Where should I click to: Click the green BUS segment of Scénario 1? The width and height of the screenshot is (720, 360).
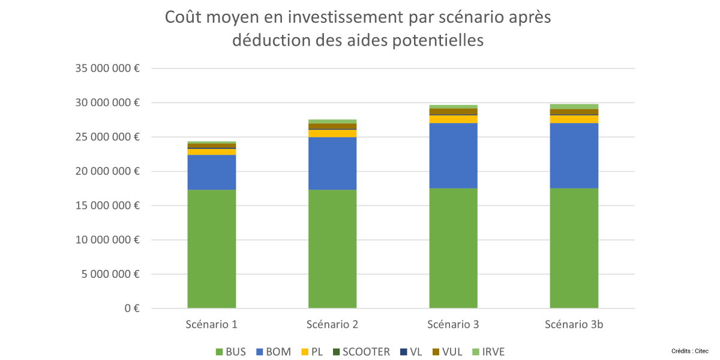211,249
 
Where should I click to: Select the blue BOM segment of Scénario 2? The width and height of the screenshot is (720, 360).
332,163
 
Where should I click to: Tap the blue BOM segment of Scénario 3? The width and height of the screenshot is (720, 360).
453,155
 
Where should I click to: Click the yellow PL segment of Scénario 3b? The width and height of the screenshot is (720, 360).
574,119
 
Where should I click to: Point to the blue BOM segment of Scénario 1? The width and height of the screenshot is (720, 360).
211,172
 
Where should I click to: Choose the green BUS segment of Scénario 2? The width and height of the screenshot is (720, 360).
332,249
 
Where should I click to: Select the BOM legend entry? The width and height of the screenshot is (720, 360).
274,352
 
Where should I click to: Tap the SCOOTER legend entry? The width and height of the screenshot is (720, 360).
360,352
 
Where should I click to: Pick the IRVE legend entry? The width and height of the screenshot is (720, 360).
487,352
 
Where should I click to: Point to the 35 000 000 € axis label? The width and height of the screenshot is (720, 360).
107,68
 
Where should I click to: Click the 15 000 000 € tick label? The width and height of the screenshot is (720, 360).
107,206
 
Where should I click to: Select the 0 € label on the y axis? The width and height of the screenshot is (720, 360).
133,308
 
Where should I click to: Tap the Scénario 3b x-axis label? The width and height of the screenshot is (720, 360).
574,325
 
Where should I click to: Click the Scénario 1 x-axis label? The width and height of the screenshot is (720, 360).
211,325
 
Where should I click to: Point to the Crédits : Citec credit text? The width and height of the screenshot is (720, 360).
690,350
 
